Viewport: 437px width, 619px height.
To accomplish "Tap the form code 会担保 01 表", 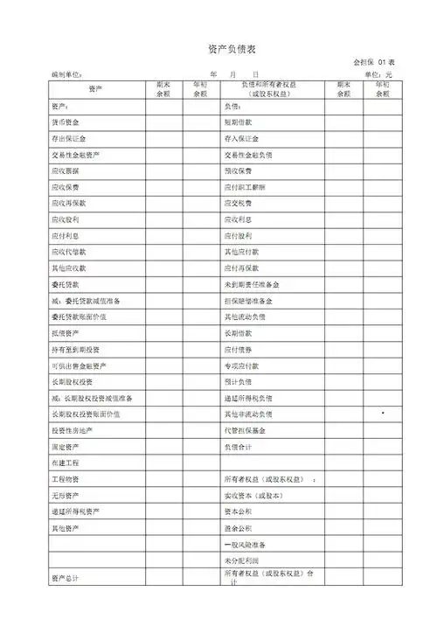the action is point(373,63).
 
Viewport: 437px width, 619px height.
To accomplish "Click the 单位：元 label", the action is point(378,76).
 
